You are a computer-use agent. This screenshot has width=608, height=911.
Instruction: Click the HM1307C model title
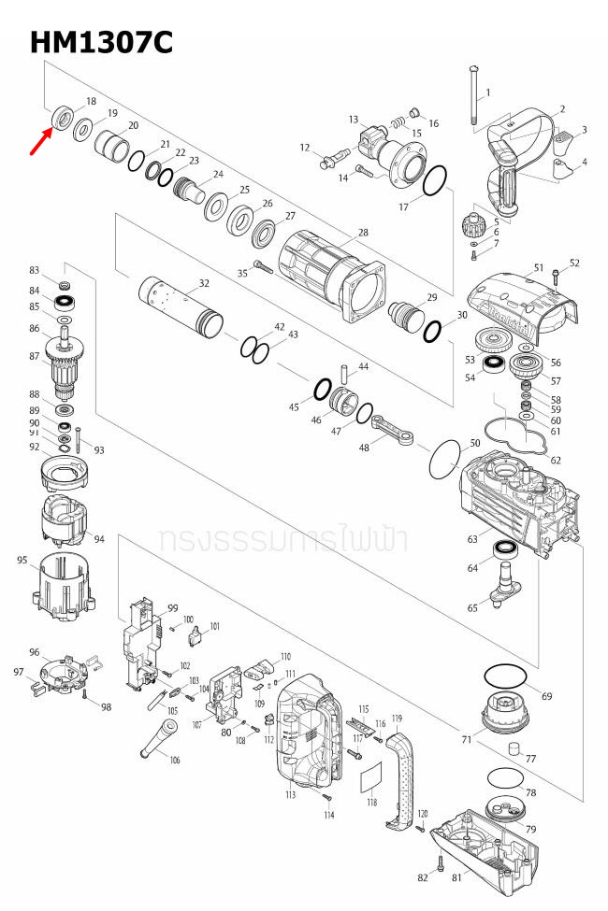point(101,41)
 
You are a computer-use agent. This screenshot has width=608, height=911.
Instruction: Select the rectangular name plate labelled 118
point(372,776)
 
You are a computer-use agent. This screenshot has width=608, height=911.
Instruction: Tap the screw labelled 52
point(557,276)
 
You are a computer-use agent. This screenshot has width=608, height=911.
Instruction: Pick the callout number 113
point(291,795)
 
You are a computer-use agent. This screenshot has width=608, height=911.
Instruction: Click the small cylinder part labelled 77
point(513,747)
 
